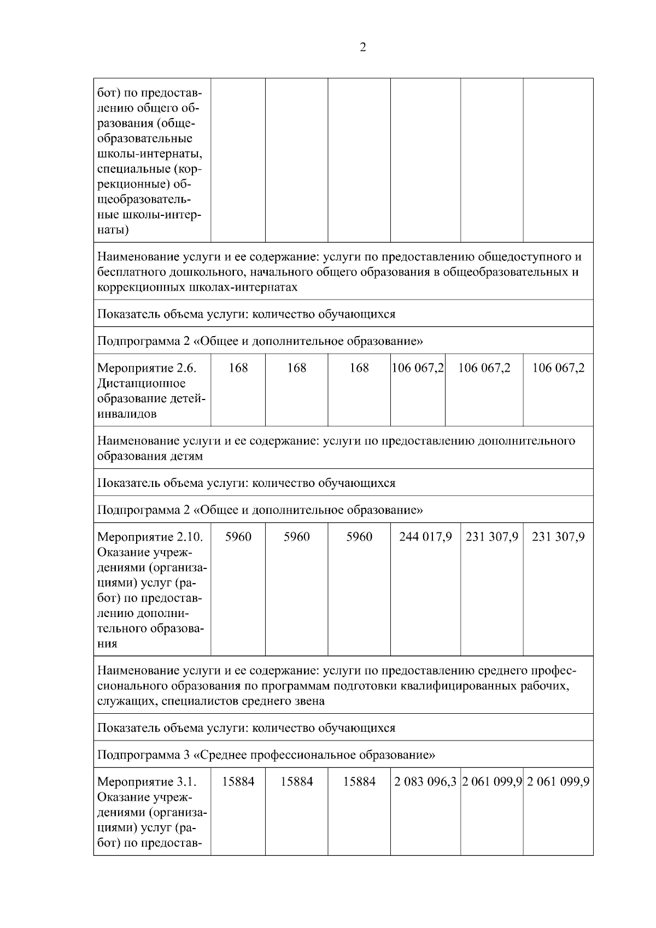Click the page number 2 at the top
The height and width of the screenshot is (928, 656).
click(363, 48)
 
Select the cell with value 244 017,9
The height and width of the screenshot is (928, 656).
click(425, 537)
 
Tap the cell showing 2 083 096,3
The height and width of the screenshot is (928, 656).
click(425, 782)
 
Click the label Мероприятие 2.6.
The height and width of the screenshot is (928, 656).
click(147, 368)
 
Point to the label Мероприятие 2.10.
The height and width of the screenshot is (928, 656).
click(150, 537)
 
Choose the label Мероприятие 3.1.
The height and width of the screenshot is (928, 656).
click(147, 782)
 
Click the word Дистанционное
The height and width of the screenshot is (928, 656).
click(141, 384)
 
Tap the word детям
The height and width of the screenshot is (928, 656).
click(186, 456)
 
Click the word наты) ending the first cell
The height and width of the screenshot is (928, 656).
click(113, 230)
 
